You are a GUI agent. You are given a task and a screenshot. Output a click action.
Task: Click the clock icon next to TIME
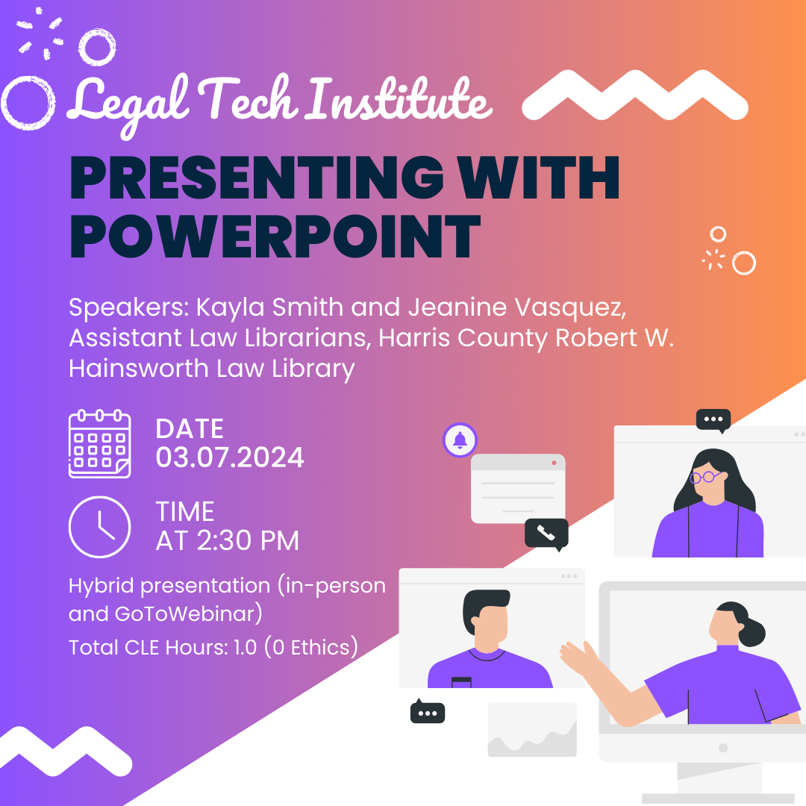99,527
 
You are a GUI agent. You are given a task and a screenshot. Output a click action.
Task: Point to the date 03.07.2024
230,457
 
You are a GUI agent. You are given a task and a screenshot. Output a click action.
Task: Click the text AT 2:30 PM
227,541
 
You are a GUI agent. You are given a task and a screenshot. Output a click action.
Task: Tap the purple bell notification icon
460,440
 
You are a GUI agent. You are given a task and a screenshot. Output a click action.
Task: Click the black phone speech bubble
546,534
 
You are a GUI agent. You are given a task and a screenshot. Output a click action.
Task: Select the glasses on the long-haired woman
705,476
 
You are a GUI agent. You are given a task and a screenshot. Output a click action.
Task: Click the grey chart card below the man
532,729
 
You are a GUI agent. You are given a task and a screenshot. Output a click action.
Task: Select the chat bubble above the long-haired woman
713,419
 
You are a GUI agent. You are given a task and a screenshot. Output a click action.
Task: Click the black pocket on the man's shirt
462,681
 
